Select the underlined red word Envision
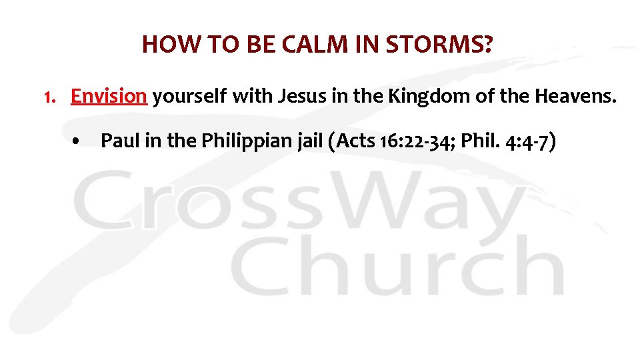pyautogui.click(x=109, y=97)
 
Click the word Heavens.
pyautogui.click(x=577, y=97)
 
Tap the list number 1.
pyautogui.click(x=48, y=97)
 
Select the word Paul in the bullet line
pyautogui.click(x=117, y=141)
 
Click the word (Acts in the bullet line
pyautogui.click(x=353, y=141)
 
